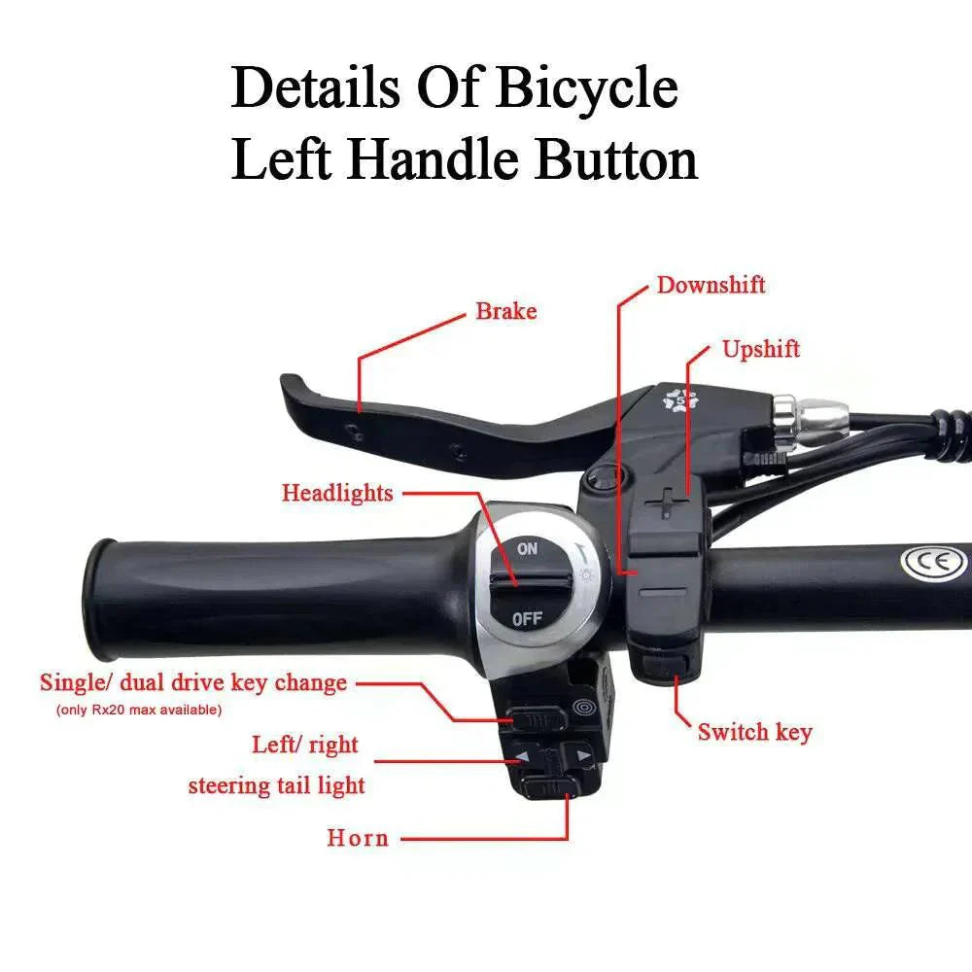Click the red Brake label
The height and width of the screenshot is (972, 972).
[x=505, y=312]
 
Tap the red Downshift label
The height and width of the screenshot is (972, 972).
[x=711, y=285]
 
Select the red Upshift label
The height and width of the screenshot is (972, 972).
[x=761, y=349]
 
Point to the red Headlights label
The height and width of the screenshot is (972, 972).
[x=337, y=493]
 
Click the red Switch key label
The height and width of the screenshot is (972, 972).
[x=754, y=732]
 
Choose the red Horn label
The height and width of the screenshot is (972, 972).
[x=358, y=837]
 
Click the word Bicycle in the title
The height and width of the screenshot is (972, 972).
[x=587, y=89]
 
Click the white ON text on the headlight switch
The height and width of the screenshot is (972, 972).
[x=527, y=549]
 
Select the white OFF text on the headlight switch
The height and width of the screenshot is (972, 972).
[x=526, y=617]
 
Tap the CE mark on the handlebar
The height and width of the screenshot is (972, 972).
[x=933, y=562]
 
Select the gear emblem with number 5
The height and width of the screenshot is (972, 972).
[x=679, y=399]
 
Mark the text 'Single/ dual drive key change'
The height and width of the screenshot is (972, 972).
[x=192, y=682]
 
